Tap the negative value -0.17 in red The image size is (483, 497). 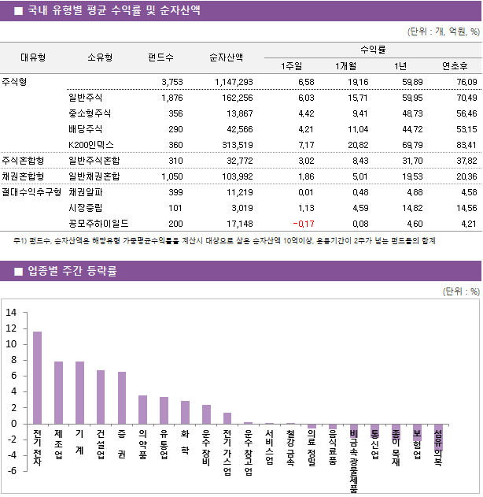pos(303,224)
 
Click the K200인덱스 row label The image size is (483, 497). pos(91,145)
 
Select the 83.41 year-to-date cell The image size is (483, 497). pos(461,145)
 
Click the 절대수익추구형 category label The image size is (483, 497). pos(31,192)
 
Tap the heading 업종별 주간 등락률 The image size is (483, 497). pos(72,272)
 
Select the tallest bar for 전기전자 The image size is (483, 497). pos(38,377)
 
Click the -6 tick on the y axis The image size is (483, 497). pos(11,471)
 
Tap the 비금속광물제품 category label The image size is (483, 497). pos(354,461)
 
